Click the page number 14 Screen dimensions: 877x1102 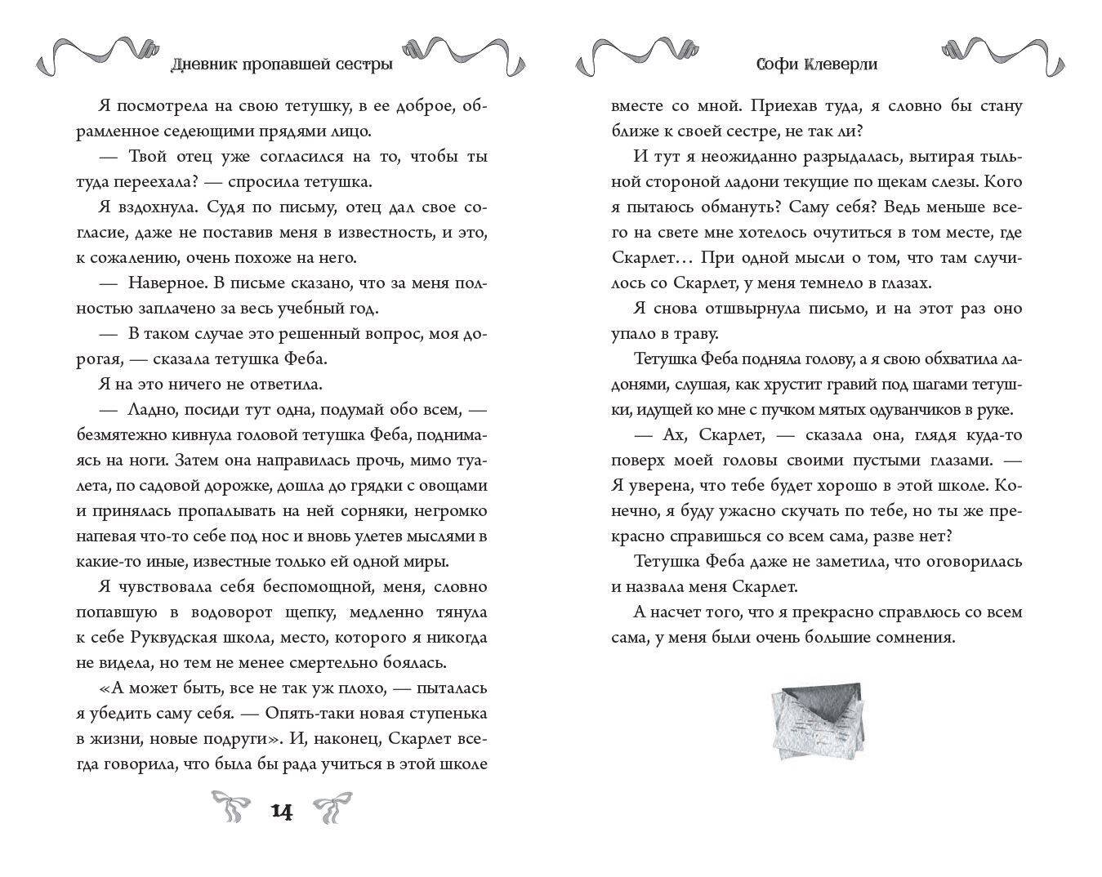tap(280, 812)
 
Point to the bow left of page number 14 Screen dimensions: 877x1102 tap(231, 808)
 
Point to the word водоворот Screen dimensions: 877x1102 tap(248, 612)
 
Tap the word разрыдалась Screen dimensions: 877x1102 tap(822, 157)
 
